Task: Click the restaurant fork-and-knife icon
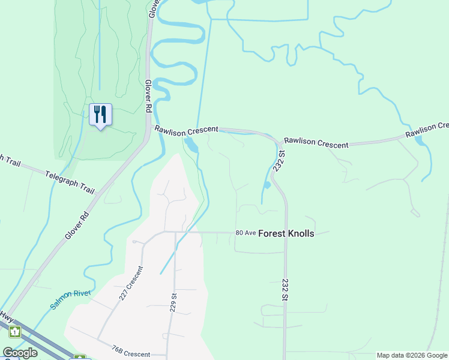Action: [x=100, y=114]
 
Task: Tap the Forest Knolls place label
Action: [x=286, y=233]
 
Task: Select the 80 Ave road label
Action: [x=246, y=233]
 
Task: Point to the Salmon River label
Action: [x=70, y=299]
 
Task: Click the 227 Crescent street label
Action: [x=130, y=284]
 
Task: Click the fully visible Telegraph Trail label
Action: [x=70, y=182]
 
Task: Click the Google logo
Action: [x=20, y=353]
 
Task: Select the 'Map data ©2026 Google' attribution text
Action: [x=412, y=355]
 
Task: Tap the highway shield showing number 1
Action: [x=15, y=331]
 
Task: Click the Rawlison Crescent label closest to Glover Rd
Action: [x=186, y=130]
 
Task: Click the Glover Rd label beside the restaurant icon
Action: [x=147, y=97]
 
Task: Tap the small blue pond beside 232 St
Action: [x=268, y=185]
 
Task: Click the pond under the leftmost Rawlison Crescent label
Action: [x=191, y=145]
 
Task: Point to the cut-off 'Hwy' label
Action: [x=6, y=316]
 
